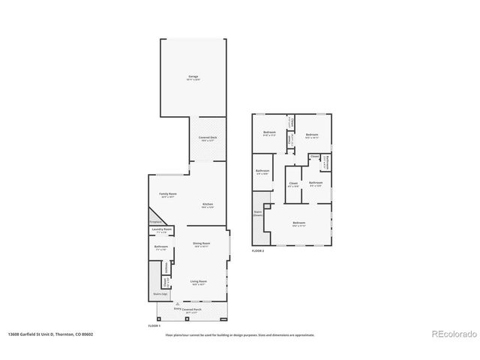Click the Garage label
pos(193,77)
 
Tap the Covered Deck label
pos(208,138)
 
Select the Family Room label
pos(167,194)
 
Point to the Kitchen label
pos(208,205)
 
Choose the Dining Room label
pos(201,244)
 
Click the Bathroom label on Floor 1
pos(160,247)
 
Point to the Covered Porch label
pos(193,309)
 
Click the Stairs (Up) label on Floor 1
pos(159,295)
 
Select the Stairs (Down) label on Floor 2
pos(257,213)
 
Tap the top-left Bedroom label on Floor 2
pos(269,133)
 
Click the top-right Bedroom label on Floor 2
pos(312,135)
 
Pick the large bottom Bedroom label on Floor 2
pos(298,223)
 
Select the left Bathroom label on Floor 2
pos(262,171)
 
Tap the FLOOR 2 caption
pos(258,250)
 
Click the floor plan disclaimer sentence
pos(240,334)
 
